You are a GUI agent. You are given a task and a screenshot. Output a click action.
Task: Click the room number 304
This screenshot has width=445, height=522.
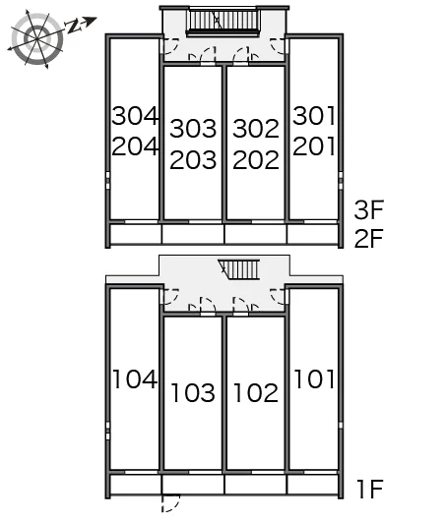point(135,116)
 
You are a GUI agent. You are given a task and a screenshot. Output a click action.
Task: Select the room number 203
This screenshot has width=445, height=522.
point(193,159)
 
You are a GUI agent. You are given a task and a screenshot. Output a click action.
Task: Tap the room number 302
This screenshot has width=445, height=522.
point(256,129)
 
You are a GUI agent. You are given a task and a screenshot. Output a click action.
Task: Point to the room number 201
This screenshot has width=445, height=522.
point(314,146)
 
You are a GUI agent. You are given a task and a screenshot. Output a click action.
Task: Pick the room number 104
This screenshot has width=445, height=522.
point(135,378)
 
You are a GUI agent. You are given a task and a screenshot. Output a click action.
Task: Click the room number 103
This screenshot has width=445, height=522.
point(193,392)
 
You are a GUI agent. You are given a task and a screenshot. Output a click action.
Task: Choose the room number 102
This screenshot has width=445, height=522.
point(256,392)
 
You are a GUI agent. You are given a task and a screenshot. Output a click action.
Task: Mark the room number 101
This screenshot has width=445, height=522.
point(314,378)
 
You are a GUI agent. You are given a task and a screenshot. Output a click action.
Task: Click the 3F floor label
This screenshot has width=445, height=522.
point(368,209)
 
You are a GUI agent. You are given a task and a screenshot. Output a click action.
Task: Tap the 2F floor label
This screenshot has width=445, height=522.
point(368,238)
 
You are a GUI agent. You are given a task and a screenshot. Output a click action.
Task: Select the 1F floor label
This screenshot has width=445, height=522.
point(370,489)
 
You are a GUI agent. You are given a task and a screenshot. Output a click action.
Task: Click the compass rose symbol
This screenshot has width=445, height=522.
point(36,39)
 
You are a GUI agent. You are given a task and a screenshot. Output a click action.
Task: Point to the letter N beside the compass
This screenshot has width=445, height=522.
point(74,27)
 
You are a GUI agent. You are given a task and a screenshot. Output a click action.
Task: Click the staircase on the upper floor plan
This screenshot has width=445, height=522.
point(222,22)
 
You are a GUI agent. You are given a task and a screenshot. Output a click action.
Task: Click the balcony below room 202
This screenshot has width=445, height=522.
point(256,234)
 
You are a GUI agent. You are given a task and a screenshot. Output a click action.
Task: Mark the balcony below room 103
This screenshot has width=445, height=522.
point(193,485)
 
